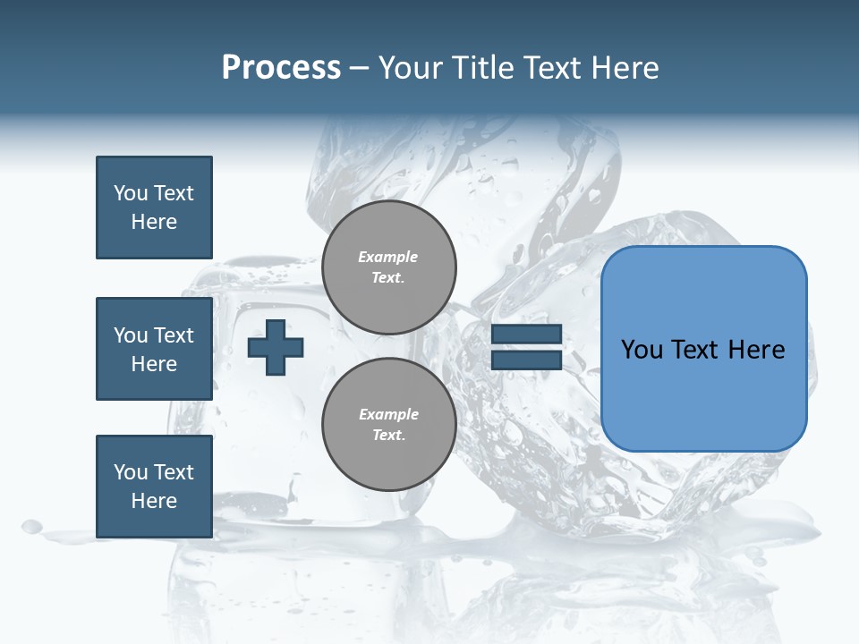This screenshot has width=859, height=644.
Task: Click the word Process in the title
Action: [281, 68]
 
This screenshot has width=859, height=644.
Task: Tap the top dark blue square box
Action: [154, 208]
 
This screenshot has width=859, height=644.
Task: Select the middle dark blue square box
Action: [154, 349]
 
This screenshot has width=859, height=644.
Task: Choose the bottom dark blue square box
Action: [154, 487]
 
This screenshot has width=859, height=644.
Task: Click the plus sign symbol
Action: [276, 347]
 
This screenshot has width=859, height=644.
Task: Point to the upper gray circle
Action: [388, 267]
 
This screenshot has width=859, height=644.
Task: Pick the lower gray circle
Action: [388, 424]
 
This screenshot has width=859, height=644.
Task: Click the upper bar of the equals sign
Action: [526, 335]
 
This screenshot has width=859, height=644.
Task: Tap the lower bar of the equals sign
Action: [526, 360]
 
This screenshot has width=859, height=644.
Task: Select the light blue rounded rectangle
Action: [703, 349]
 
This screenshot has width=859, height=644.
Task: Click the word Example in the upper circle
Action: [388, 257]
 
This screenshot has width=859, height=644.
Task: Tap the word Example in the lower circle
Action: [388, 414]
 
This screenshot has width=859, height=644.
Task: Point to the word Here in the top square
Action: [154, 222]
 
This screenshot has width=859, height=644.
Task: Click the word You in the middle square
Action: [130, 335]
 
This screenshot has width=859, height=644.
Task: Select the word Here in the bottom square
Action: [154, 501]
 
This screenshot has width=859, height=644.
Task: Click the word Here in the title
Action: [625, 68]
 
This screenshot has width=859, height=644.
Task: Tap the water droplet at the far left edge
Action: [31, 526]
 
